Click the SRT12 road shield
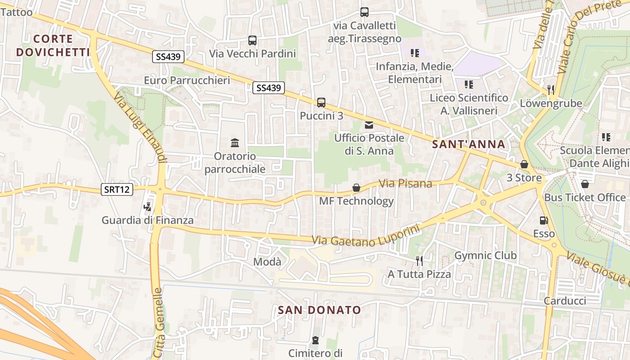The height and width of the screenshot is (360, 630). point(117,189)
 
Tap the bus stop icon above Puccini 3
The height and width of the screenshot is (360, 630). point(321,102)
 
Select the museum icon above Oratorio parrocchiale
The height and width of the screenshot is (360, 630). point(235,143)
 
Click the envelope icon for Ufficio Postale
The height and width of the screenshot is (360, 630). point(369,125)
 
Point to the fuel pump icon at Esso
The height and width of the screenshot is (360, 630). point(544,220)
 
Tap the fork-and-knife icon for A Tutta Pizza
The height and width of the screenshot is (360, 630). point(419,261)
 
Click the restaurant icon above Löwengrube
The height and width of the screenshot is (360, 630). point(551,90)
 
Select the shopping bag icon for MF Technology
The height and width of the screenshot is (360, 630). point(356,187)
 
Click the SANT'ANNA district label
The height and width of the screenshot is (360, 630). point(468,144)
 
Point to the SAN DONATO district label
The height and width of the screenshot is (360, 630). point(319,310)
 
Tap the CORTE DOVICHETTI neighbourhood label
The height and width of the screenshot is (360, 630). point(53,45)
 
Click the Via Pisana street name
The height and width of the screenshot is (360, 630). point(405,183)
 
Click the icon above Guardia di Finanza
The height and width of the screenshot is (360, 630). point(147,207)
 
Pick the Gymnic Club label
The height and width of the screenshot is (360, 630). point(486,256)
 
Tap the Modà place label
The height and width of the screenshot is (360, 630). point(267,261)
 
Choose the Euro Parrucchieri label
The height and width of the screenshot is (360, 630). point(187,80)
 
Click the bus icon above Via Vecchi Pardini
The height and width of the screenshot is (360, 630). point(252,40)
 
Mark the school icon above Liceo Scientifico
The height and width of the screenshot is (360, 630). point(469,84)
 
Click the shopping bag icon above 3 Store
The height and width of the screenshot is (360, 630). point(524,164)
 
